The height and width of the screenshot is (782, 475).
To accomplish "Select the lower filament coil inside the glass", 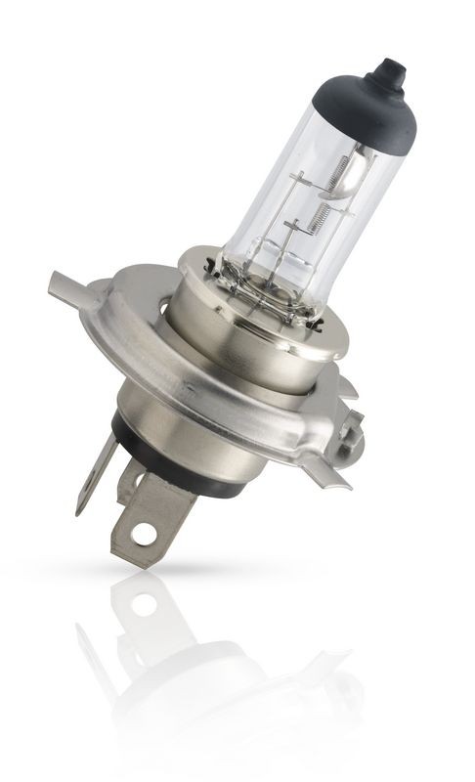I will click(x=315, y=216).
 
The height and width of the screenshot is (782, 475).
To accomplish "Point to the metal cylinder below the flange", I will click(x=166, y=411).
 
